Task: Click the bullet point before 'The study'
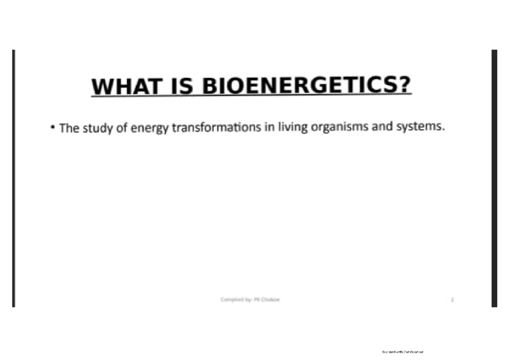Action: click(x=53, y=127)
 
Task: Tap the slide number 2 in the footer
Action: click(x=452, y=300)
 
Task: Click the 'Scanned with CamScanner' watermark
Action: click(x=403, y=352)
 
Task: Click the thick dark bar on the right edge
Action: click(x=494, y=178)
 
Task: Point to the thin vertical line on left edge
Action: click(x=14, y=178)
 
